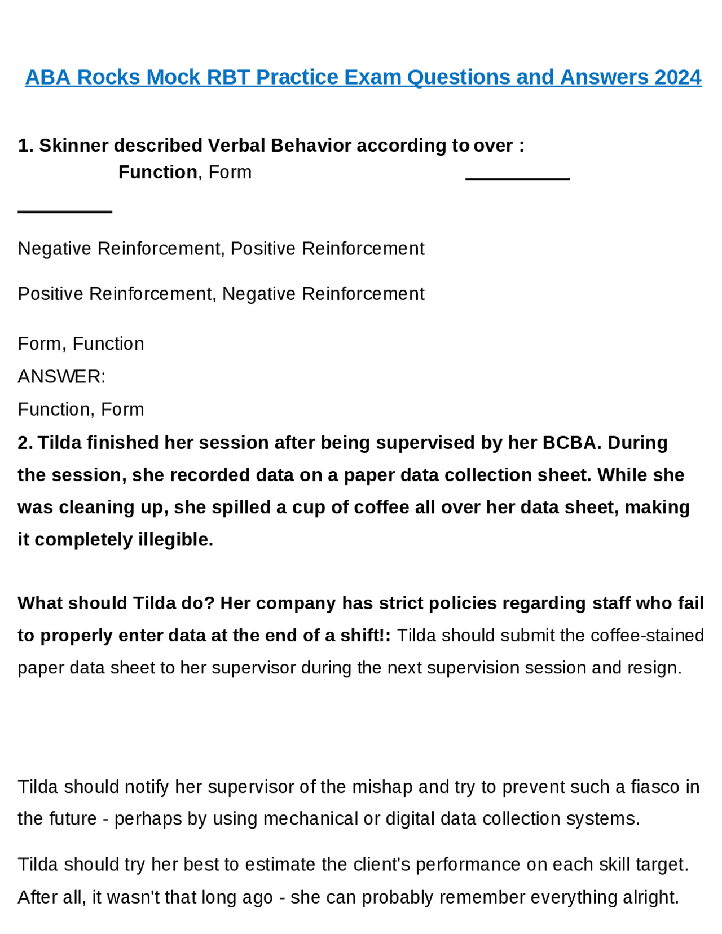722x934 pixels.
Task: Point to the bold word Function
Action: click(157, 172)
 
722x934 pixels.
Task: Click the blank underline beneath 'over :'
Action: click(517, 179)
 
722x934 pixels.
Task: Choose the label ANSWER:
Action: click(61, 376)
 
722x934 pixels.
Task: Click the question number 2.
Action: click(24, 443)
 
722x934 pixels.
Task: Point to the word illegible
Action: click(175, 540)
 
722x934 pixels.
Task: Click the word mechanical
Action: click(310, 818)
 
